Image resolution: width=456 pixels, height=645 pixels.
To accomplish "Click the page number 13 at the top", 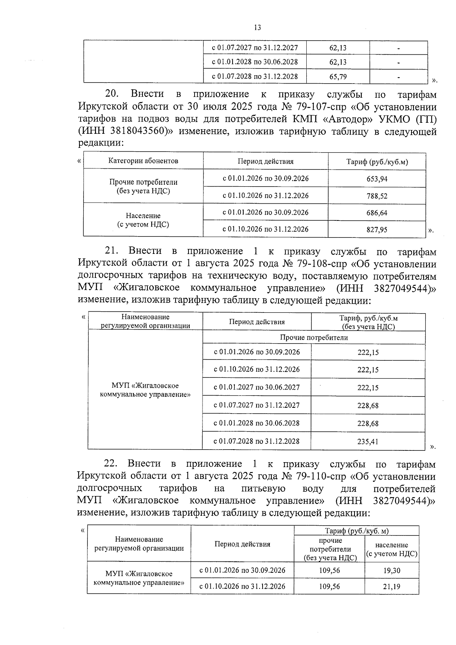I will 257,27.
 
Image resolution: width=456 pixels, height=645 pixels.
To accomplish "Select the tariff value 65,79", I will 338,77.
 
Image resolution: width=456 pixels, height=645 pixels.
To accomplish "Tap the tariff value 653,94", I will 377,179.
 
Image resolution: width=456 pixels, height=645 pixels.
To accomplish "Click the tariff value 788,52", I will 377,196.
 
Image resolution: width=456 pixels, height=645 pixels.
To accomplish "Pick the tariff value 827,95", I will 377,230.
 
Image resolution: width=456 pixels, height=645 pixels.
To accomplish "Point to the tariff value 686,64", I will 377,213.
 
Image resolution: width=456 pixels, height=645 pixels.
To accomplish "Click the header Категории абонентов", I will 143,161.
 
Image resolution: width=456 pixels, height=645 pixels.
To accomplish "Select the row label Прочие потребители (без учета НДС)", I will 143,187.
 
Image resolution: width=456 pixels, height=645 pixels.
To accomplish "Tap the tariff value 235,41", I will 368,442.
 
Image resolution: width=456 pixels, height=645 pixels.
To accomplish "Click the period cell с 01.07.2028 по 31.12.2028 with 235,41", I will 256,441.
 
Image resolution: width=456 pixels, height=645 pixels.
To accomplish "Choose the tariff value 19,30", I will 391,571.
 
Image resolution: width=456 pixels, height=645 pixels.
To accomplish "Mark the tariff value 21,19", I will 391,586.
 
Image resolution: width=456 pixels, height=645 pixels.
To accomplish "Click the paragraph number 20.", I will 112,94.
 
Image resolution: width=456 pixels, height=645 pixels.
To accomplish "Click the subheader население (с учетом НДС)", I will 391,550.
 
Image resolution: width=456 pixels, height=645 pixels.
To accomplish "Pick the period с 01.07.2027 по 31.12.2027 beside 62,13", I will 255,48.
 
